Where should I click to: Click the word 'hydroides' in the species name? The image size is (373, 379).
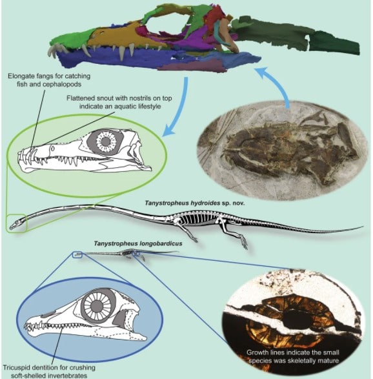coord(205,203)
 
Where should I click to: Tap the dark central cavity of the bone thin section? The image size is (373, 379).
coord(297,319)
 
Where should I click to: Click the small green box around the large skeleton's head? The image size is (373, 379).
coord(17,223)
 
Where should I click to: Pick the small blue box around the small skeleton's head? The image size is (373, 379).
coord(77,254)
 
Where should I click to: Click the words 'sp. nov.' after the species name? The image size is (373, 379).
coord(233,203)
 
